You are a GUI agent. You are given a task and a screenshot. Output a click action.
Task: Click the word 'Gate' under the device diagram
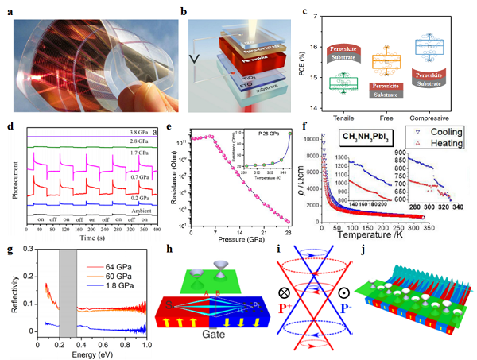tap(220, 343)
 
